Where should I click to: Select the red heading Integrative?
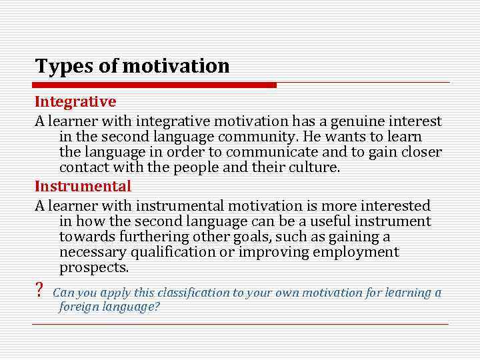click(x=75, y=102)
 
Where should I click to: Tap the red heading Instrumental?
click(x=83, y=187)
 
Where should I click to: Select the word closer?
click(x=420, y=152)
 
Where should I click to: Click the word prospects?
click(x=93, y=267)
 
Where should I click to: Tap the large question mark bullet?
click(x=39, y=291)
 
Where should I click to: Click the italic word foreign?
click(x=80, y=307)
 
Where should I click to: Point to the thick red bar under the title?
click(x=155, y=85)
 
